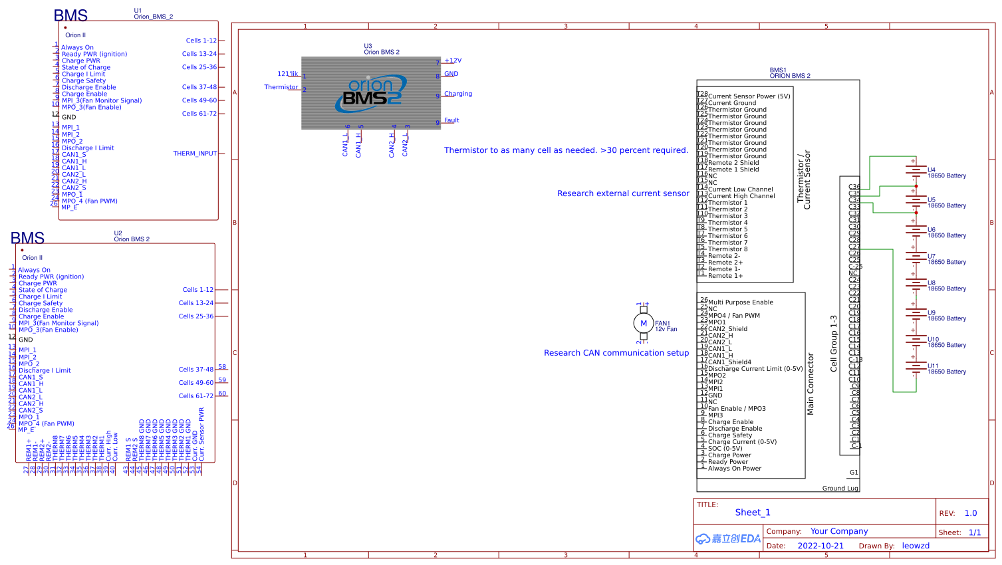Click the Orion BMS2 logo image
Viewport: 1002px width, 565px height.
tap(371, 93)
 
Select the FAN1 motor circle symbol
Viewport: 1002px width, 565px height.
tap(643, 324)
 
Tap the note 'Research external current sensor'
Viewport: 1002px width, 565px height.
tap(623, 193)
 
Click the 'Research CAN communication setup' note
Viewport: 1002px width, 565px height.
tap(616, 353)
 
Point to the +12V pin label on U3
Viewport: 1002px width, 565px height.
tap(453, 60)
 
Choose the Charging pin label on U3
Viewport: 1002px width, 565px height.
tap(458, 94)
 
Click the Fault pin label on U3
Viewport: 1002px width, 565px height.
tap(451, 120)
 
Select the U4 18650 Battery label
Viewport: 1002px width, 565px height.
tap(947, 175)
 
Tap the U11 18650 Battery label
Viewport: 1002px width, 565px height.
tap(947, 372)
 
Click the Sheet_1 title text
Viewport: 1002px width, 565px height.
tap(753, 512)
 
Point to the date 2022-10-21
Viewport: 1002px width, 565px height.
tap(820, 546)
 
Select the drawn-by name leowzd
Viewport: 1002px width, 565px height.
tap(916, 546)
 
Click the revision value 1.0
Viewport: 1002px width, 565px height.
tap(971, 513)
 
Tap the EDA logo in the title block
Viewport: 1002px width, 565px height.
tap(728, 538)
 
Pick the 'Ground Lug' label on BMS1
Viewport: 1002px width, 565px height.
tap(840, 488)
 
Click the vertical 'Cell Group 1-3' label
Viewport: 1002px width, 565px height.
tap(834, 344)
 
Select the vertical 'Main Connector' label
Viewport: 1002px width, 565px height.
tap(811, 384)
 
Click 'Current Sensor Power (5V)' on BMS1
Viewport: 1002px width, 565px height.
tap(749, 96)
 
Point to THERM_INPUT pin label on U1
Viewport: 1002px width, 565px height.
tap(195, 154)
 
